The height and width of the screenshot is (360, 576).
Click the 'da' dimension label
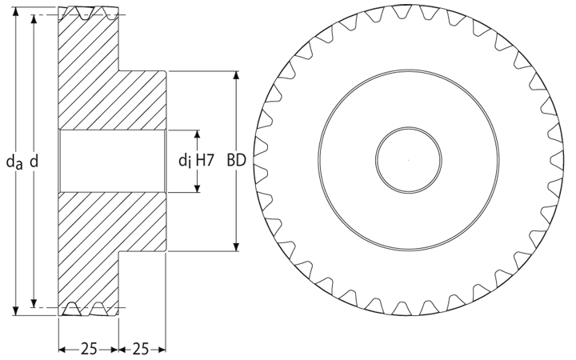14,162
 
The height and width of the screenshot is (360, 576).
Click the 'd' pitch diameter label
34,161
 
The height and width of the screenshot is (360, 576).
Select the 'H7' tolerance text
205,161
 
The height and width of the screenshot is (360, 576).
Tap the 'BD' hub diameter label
236,161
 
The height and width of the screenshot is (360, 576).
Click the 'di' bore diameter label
185,161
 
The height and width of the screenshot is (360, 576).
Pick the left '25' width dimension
89,349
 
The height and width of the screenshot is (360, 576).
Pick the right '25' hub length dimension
141,349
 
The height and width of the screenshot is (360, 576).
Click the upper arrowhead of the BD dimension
237,75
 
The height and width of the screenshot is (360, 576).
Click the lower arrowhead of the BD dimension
237,247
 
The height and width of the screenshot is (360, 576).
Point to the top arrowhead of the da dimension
15,11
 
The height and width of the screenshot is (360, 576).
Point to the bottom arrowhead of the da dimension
15,310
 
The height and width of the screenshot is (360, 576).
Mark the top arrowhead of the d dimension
34,19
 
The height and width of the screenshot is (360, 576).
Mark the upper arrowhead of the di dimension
198,134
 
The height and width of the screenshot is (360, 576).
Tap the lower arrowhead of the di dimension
198,188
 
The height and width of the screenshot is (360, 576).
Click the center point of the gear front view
409,160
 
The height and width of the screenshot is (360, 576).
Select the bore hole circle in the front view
409,160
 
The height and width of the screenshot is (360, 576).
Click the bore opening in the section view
113,161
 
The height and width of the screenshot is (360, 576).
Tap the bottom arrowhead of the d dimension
34,303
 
